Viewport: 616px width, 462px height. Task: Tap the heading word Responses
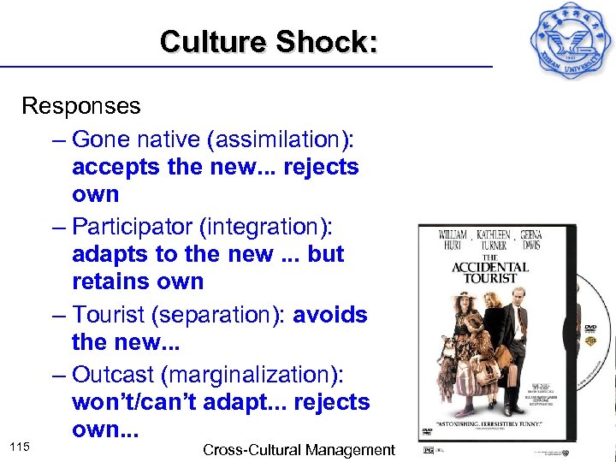click(x=81, y=106)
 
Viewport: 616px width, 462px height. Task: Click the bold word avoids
click(x=330, y=315)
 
